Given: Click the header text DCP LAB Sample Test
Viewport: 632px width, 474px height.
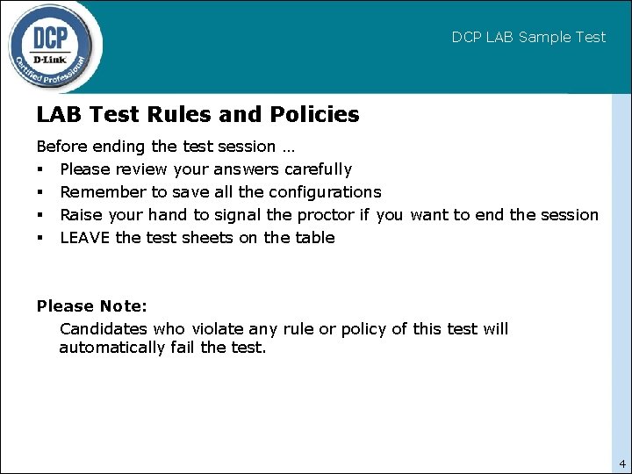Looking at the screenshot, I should tap(528, 37).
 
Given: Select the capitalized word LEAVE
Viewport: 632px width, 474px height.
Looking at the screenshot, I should tap(85, 238).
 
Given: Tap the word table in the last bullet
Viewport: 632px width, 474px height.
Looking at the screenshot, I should tap(313, 238).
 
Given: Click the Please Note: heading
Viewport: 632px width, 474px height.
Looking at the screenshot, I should tap(92, 306).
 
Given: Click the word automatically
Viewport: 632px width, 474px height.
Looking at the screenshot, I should tap(111, 348).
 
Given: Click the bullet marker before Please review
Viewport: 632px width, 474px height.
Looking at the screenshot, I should tap(40, 169).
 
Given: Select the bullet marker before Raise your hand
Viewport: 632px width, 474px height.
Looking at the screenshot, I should tap(40, 215).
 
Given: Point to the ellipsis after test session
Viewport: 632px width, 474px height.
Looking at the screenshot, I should tap(287, 147).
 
